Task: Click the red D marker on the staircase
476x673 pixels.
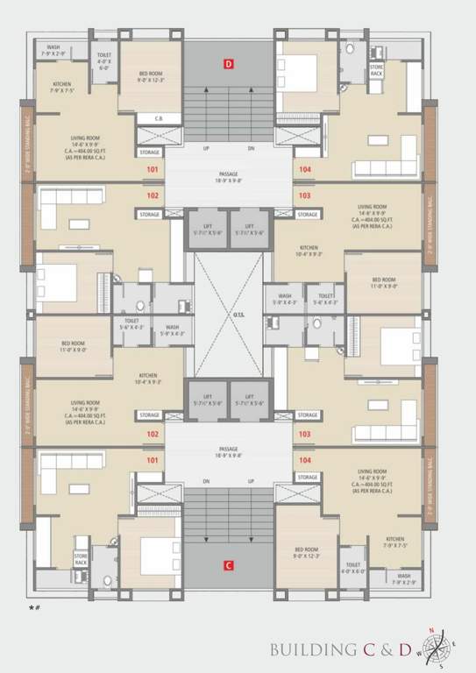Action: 229,64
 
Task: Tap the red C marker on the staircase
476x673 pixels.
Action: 228,565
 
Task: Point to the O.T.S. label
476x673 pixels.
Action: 228,317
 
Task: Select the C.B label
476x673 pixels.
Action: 160,118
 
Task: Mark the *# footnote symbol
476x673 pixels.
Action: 34,606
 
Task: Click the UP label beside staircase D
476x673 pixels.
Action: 206,149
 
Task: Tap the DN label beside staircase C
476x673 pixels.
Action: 206,481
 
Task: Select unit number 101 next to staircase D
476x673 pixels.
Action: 153,169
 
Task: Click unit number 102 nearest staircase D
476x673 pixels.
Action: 153,195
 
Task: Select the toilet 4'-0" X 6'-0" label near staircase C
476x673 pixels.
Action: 353,568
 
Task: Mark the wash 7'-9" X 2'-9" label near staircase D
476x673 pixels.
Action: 53,51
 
